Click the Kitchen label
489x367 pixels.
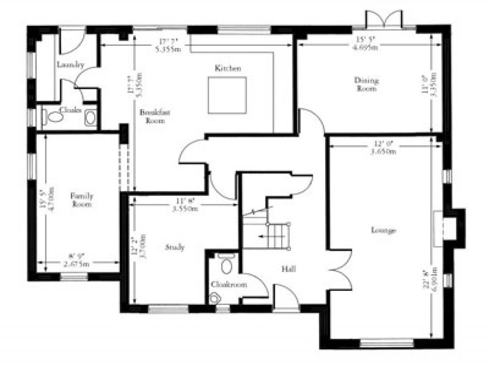tap(227, 68)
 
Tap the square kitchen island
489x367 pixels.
tap(227, 95)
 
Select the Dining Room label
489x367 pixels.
tap(367, 84)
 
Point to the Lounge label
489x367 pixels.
tap(383, 230)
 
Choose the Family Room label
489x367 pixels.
tap(82, 200)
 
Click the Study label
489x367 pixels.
tap(175, 247)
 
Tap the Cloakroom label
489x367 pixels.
tap(229, 284)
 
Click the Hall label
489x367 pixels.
tap(288, 270)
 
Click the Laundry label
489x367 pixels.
tap(70, 65)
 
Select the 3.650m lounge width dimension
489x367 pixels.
tap(385, 151)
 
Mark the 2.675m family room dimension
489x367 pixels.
tap(78, 263)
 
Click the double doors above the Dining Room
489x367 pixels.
tap(384, 19)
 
